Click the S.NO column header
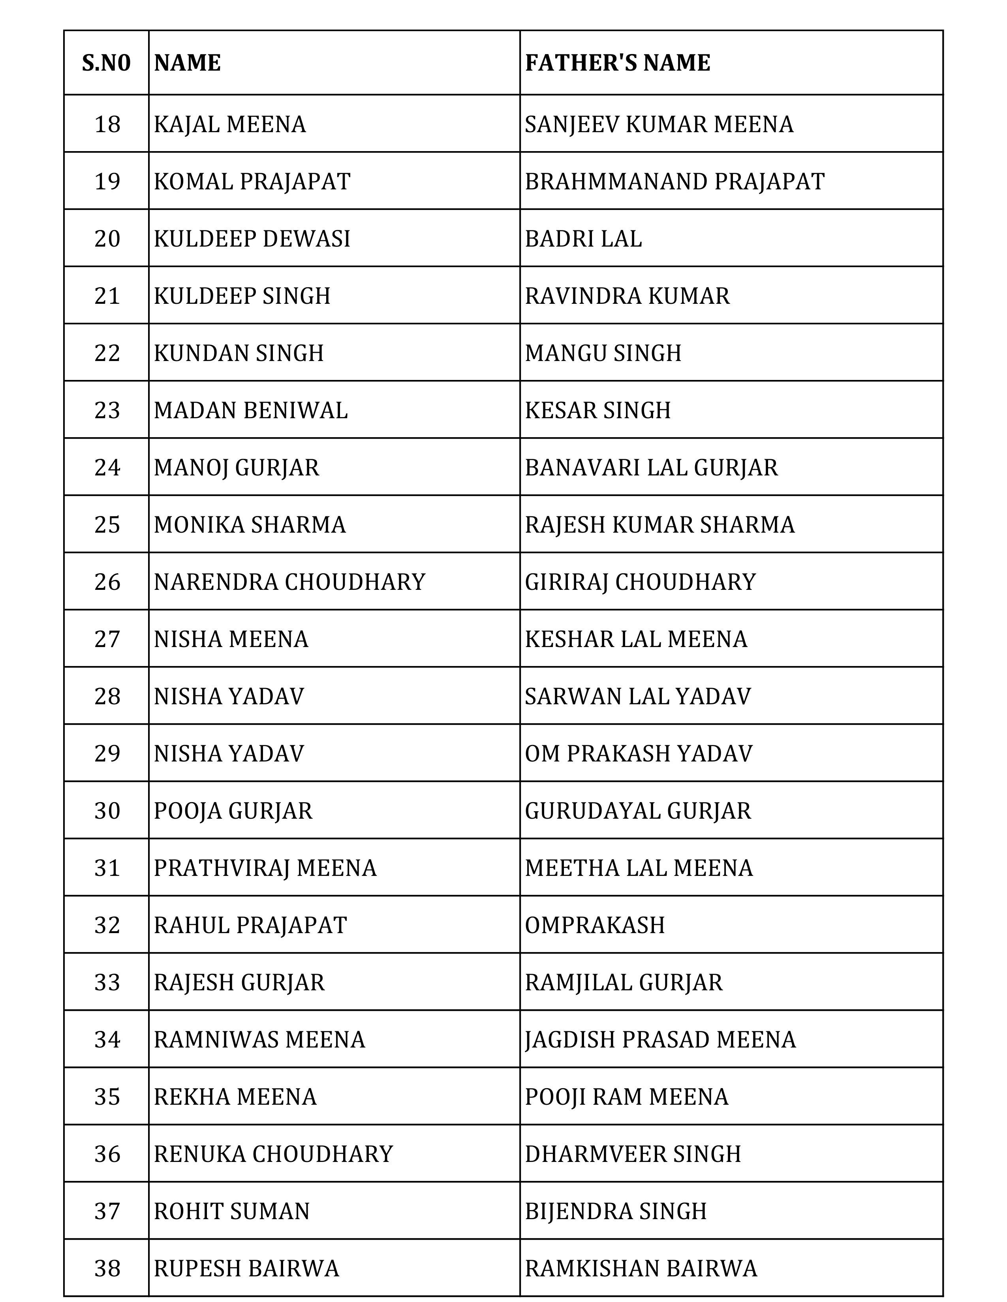pyautogui.click(x=106, y=63)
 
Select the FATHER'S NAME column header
pyautogui.click(x=618, y=63)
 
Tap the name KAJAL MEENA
pyautogui.click(x=230, y=124)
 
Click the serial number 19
pyautogui.click(x=107, y=181)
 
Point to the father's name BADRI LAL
pyautogui.click(x=583, y=238)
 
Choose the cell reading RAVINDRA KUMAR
pyautogui.click(x=627, y=296)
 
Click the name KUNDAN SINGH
pyautogui.click(x=239, y=353)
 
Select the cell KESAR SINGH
pyautogui.click(x=598, y=410)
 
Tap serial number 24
pyautogui.click(x=107, y=468)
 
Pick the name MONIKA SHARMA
pyautogui.click(x=250, y=525)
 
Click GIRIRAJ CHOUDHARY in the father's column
pyautogui.click(x=640, y=582)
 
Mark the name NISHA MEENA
pyautogui.click(x=231, y=639)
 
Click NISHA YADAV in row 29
pyautogui.click(x=229, y=754)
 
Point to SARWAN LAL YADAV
pyautogui.click(x=638, y=696)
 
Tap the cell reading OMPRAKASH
pyautogui.click(x=595, y=925)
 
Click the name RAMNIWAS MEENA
pyautogui.click(x=259, y=1040)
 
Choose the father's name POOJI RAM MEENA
pyautogui.click(x=626, y=1097)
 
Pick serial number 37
pyautogui.click(x=107, y=1211)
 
